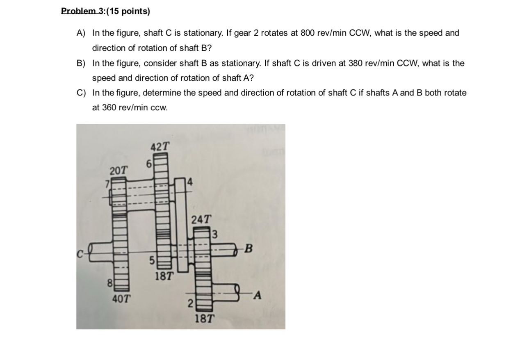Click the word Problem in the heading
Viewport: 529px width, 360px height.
tap(76, 11)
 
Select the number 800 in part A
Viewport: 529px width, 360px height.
tap(307, 33)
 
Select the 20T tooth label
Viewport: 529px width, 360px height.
tap(118, 169)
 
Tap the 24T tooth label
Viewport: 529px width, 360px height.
tap(201, 219)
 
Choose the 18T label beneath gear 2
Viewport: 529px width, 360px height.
tap(204, 318)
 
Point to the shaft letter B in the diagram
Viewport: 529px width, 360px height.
tap(250, 249)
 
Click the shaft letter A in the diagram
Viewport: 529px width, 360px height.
tap(257, 295)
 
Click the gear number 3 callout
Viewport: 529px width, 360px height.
tap(214, 235)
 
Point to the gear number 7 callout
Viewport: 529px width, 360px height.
tap(108, 184)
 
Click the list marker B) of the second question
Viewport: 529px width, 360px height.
tap(81, 63)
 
